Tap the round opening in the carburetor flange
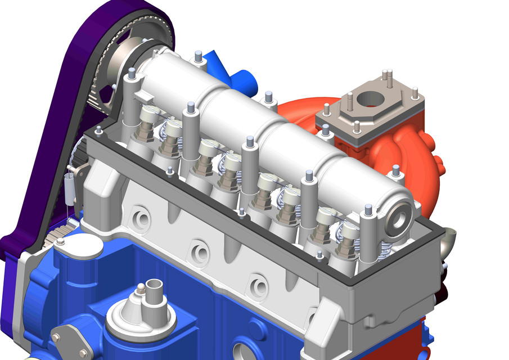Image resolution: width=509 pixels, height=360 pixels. [x=369, y=99]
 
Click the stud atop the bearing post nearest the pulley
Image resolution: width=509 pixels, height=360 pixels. [x=131, y=74]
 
